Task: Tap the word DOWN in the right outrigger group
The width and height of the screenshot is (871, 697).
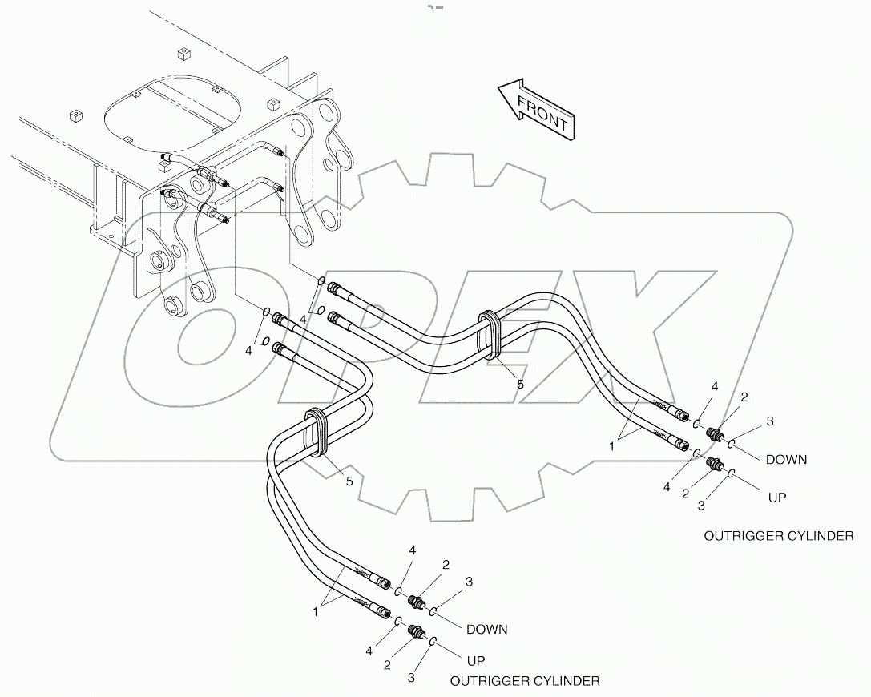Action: click(786, 460)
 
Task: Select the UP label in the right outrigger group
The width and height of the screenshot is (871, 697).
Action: click(777, 498)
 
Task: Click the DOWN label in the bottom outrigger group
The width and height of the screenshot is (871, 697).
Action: click(486, 629)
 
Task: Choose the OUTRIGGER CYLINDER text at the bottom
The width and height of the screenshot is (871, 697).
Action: click(525, 681)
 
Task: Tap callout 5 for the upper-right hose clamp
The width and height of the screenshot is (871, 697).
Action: click(520, 385)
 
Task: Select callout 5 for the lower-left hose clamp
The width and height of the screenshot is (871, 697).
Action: click(349, 481)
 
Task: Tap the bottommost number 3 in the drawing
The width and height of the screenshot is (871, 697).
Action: click(411, 678)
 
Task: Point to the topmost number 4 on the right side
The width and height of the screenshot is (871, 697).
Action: click(715, 386)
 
